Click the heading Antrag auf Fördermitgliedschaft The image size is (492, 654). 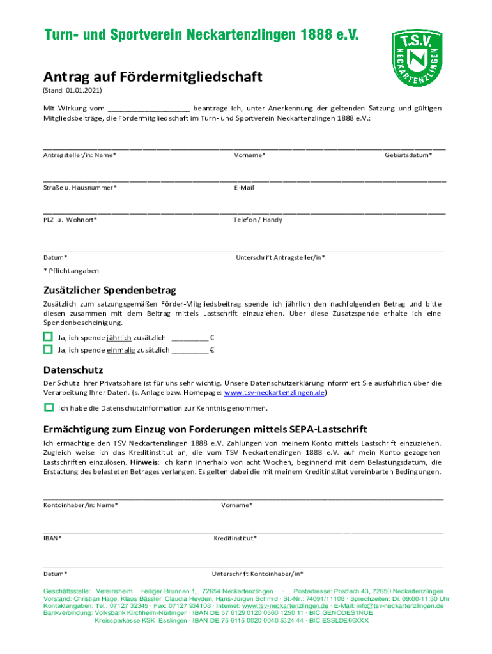point(153,77)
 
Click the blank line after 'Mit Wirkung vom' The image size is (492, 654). point(149,109)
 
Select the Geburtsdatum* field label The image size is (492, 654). point(408,155)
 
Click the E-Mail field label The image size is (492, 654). point(244,188)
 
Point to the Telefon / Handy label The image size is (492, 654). point(258,220)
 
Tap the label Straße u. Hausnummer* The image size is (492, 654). point(80,188)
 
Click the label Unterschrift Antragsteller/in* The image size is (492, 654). point(281,257)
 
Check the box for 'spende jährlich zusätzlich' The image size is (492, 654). point(48,337)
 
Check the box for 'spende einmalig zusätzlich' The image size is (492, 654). point(48,349)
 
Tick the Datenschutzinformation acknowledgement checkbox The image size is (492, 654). point(49,407)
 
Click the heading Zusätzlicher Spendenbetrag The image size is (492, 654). point(109,290)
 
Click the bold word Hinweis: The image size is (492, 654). point(144,462)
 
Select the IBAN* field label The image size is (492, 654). point(52,538)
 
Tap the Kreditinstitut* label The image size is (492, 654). point(235,538)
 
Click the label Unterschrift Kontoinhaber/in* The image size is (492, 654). point(258,574)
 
